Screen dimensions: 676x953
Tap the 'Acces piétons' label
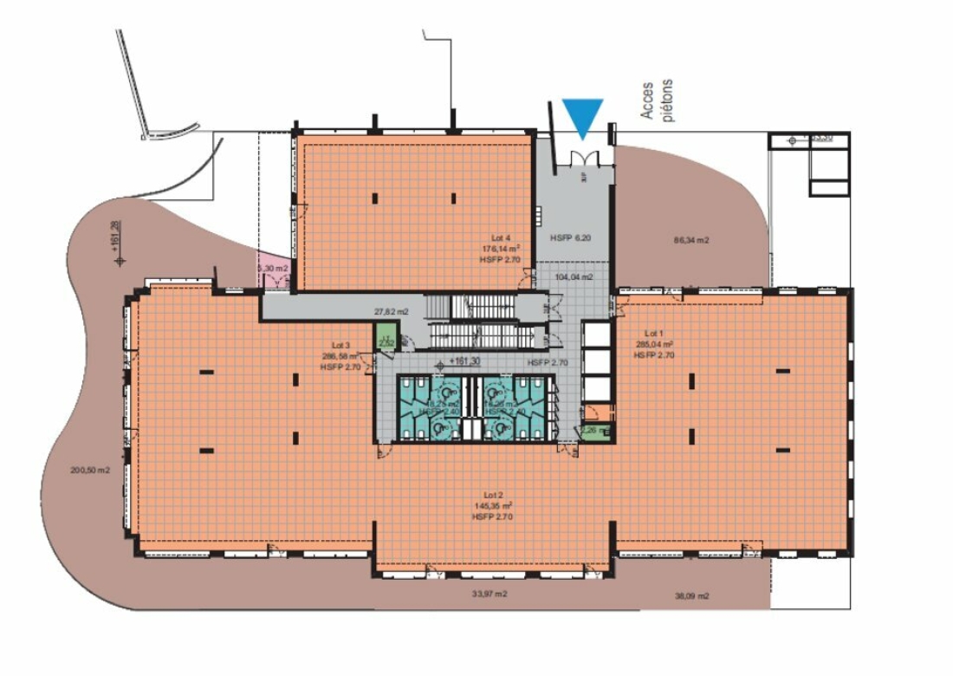click(657, 101)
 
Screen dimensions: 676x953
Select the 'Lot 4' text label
click(502, 237)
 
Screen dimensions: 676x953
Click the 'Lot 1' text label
click(653, 333)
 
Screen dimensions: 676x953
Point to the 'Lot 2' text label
click(492, 494)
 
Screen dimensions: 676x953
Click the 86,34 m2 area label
click(690, 240)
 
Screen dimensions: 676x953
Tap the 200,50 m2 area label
click(90, 471)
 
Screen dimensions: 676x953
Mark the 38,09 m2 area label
click(690, 596)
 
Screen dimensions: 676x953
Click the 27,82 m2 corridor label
click(391, 310)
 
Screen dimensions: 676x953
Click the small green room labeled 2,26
click(595, 430)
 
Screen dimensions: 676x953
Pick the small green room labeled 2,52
click(386, 337)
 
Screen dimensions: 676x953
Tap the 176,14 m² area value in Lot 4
click(502, 247)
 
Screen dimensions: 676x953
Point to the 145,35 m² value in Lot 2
click(492, 505)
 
